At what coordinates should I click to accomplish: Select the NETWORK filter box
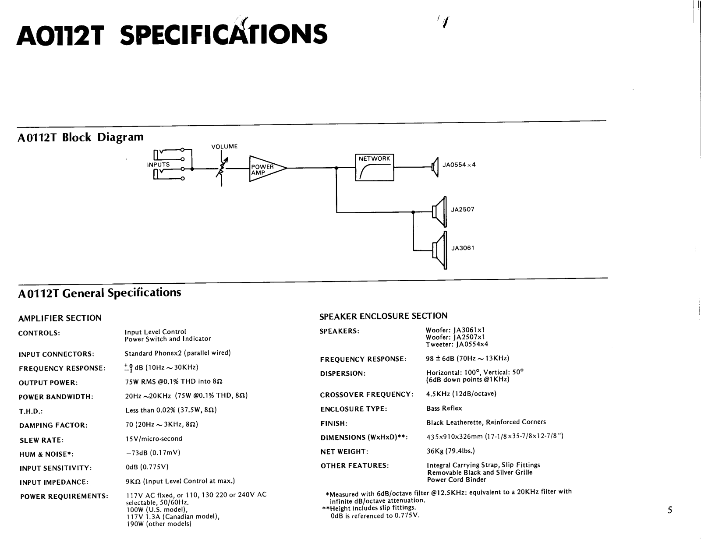[x=374, y=167]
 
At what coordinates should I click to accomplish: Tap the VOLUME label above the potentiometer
[x=224, y=147]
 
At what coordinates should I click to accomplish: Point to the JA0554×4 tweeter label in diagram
[x=459, y=165]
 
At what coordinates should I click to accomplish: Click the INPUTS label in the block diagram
[x=158, y=165]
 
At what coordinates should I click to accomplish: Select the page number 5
[x=670, y=510]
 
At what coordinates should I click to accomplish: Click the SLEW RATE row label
[x=42, y=440]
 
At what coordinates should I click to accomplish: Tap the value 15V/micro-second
[x=153, y=438]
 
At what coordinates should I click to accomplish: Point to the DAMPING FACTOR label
[x=53, y=425]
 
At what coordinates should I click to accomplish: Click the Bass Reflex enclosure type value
[x=444, y=408]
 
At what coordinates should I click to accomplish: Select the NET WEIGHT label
[x=344, y=451]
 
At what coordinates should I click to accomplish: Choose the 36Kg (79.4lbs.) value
[x=450, y=451]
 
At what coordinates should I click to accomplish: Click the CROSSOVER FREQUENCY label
[x=367, y=395]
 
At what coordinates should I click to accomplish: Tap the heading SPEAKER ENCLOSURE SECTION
[x=383, y=316]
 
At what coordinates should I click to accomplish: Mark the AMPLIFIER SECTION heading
[x=60, y=318]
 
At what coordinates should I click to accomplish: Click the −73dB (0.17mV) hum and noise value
[x=153, y=453]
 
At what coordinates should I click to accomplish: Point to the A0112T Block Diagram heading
[x=81, y=137]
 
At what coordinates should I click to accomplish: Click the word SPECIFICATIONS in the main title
[x=223, y=34]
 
